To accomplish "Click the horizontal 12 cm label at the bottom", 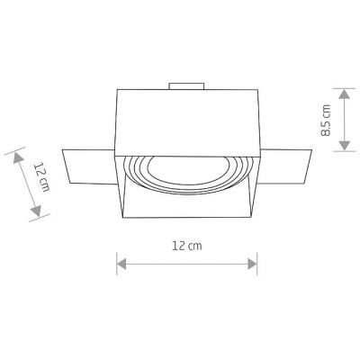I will [x=186, y=245].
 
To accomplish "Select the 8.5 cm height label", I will [x=326, y=119].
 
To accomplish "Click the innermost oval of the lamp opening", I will [x=187, y=171].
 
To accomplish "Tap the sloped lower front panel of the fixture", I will [x=186, y=206].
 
